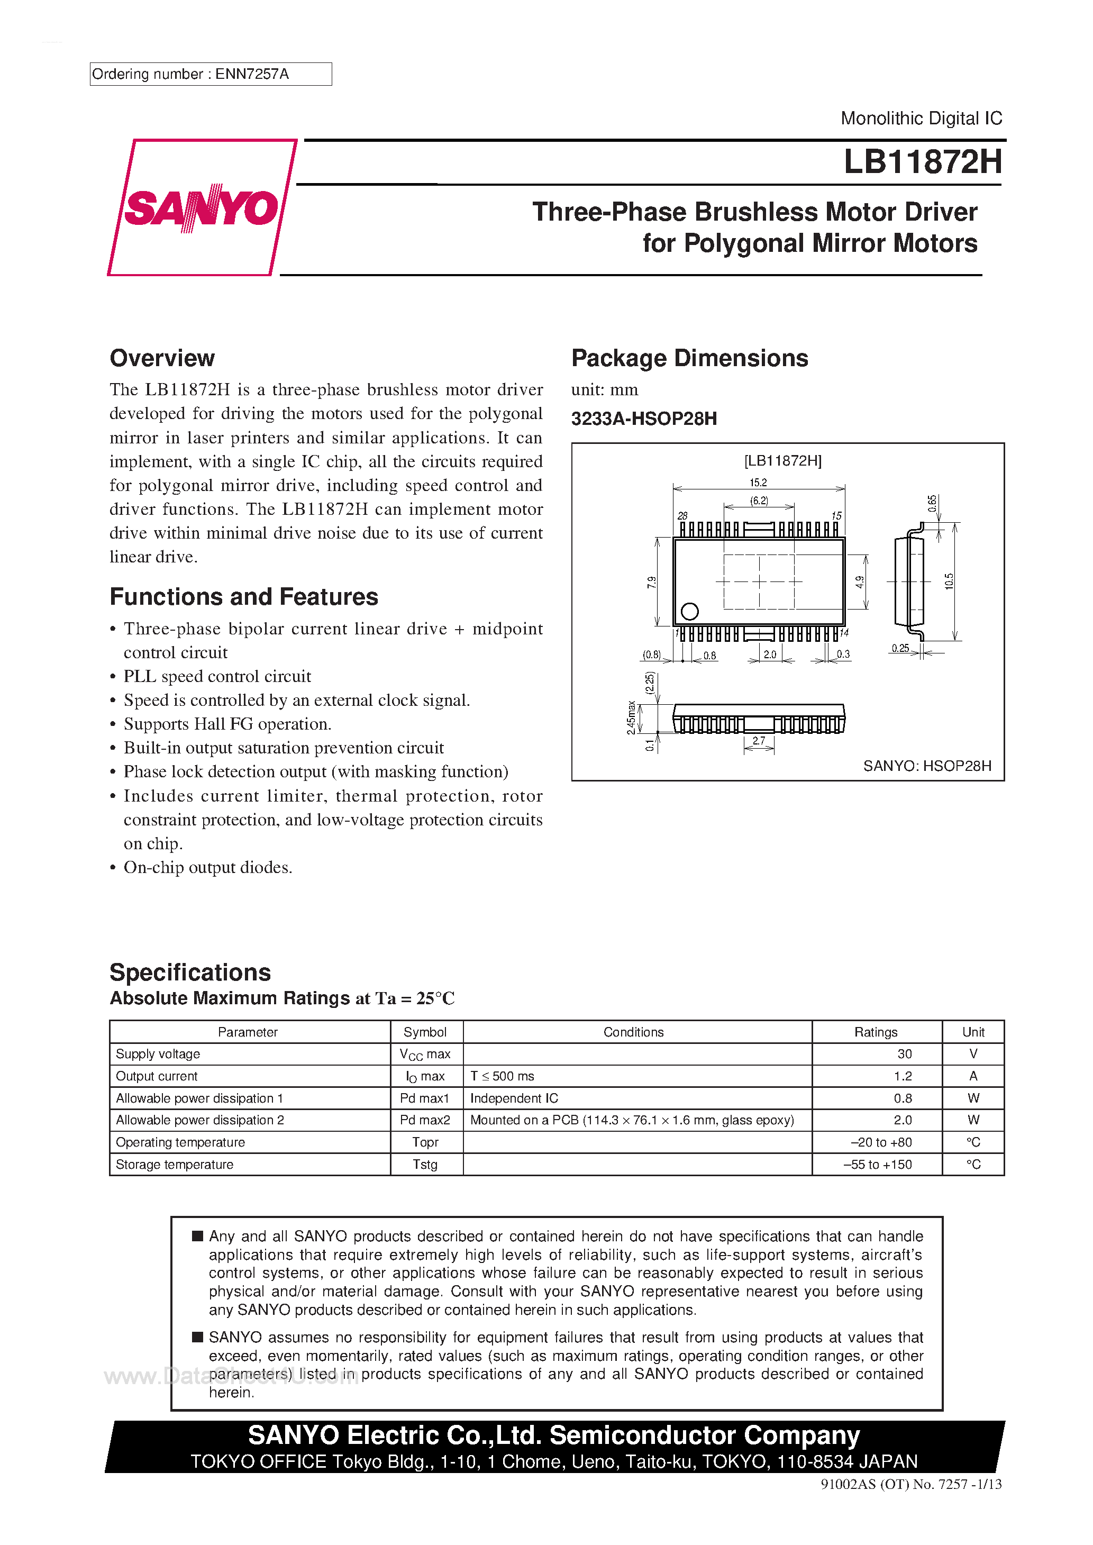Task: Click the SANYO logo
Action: [x=201, y=207]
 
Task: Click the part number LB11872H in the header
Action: [x=922, y=162]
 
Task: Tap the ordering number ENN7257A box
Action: [x=210, y=74]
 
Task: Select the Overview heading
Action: [x=162, y=358]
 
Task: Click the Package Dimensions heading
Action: [x=689, y=358]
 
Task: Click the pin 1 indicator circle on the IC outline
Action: [x=689, y=611]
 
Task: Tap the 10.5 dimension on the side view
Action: [x=949, y=581]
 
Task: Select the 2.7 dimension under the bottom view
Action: [x=759, y=740]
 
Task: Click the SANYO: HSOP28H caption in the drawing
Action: [x=927, y=766]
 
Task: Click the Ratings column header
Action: [x=876, y=1032]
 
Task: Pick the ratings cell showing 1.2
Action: [x=903, y=1076]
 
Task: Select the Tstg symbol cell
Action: [x=425, y=1164]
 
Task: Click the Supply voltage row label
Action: [x=158, y=1054]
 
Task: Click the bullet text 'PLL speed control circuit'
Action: [x=217, y=676]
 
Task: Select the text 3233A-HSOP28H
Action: [x=644, y=419]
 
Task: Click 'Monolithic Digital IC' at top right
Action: [x=921, y=119]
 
